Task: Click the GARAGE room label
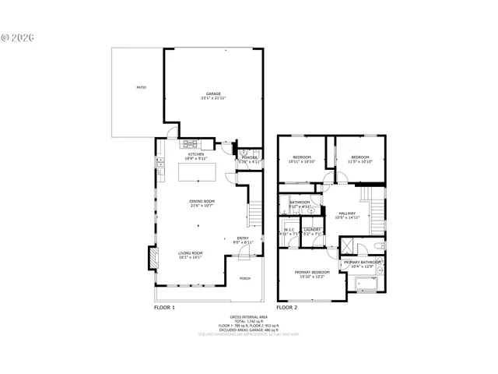(x=213, y=93)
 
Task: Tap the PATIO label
(x=141, y=87)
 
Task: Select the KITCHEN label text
(x=195, y=154)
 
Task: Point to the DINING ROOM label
(x=202, y=201)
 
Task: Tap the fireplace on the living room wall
(x=153, y=258)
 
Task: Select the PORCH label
(x=244, y=278)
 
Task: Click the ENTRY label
(x=243, y=238)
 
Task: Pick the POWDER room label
(x=249, y=157)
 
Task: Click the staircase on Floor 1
(x=253, y=210)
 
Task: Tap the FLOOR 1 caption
(x=165, y=308)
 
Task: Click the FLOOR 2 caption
(x=287, y=308)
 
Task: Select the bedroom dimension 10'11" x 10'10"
(x=301, y=161)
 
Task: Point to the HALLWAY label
(x=347, y=213)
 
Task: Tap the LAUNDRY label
(x=313, y=229)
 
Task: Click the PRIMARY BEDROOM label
(x=311, y=271)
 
